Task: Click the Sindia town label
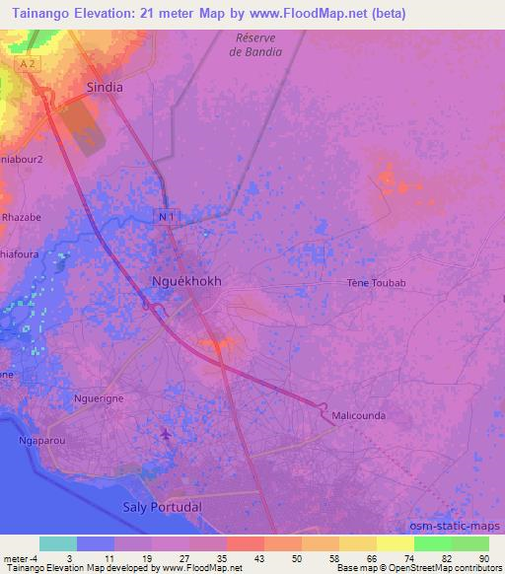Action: [105, 87]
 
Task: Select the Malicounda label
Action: [359, 415]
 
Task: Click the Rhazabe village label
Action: [21, 217]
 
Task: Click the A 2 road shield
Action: [28, 64]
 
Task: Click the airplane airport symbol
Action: [165, 433]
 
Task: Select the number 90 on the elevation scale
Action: [482, 557]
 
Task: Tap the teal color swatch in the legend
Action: [57, 543]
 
